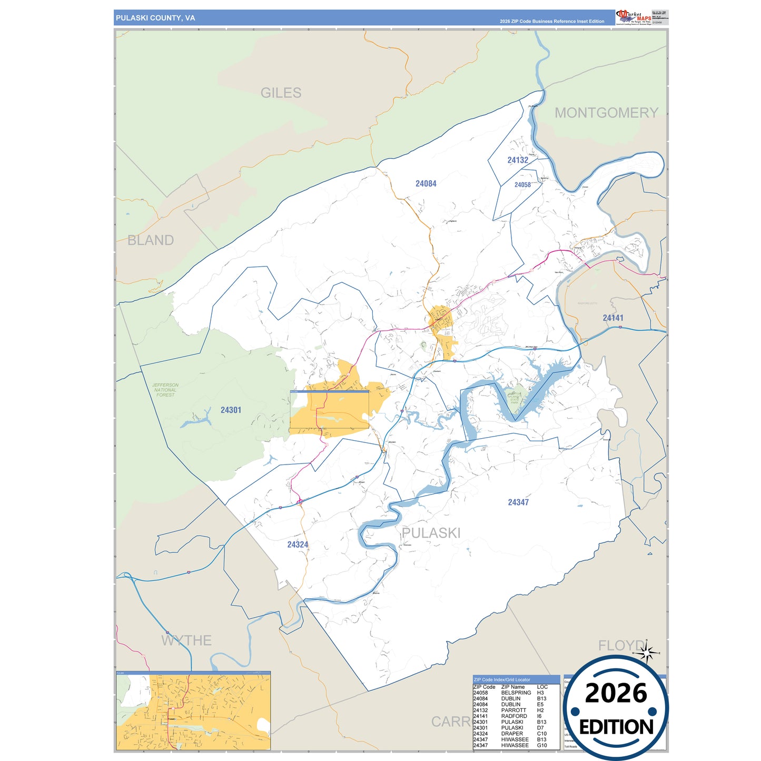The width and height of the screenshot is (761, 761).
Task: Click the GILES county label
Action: [281, 93]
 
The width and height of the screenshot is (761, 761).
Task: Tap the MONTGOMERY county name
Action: [606, 113]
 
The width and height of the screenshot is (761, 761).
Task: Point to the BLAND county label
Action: [151, 241]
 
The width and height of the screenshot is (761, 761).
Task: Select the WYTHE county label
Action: [186, 641]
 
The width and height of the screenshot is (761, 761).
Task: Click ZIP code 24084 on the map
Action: [426, 184]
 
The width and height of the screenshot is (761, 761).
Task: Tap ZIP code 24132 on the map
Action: [518, 160]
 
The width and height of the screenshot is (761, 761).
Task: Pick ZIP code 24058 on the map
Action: [522, 185]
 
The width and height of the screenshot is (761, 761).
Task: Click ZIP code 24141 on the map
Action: [613, 318]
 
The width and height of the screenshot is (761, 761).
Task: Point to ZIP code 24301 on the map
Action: [231, 410]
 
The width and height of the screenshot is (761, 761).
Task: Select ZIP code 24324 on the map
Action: [298, 545]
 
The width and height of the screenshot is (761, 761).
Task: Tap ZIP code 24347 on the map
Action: [518, 502]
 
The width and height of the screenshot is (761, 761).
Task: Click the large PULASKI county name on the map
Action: [431, 533]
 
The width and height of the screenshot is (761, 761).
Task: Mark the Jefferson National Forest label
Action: [165, 390]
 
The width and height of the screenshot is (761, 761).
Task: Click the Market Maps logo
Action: [633, 17]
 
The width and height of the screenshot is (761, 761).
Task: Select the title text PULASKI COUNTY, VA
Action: [155, 18]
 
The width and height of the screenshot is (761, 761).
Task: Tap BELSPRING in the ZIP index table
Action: [516, 693]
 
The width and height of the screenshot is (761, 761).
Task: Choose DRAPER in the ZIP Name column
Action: [512, 734]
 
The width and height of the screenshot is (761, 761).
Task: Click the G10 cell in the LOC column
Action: [542, 745]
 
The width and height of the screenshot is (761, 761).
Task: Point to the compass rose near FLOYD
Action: [647, 654]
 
